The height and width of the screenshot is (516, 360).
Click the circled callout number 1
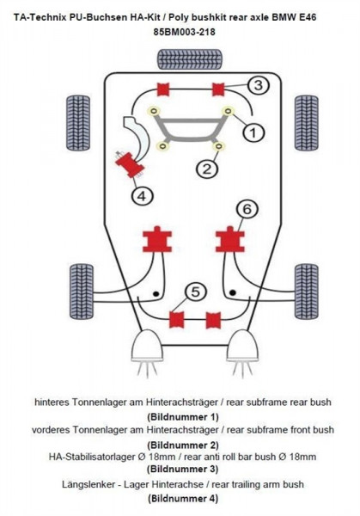pos(253,132)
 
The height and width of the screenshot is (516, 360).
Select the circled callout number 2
pos(204,169)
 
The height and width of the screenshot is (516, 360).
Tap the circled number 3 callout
pos(259,84)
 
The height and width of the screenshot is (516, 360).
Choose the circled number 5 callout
pos(195,293)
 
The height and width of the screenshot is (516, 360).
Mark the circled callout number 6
pos(246,209)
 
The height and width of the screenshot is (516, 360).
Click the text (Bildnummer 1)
pos(180,415)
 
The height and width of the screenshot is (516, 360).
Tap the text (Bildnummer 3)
pos(180,470)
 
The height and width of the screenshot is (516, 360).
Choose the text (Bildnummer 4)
pos(180,498)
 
